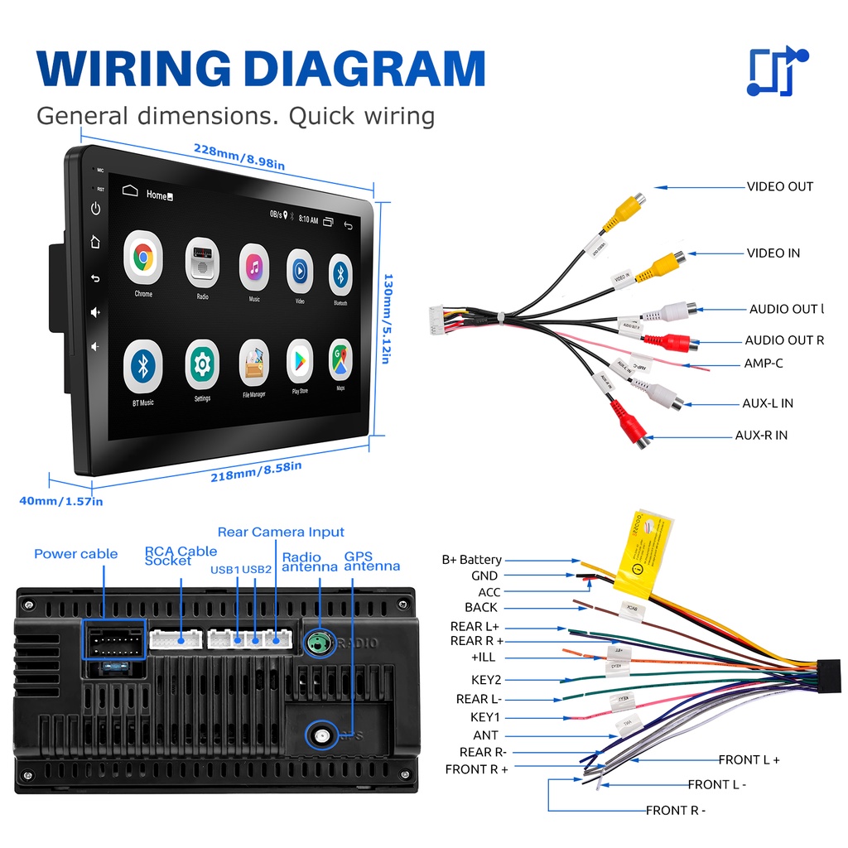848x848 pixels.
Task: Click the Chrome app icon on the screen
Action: coord(143,258)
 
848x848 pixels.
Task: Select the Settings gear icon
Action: coord(202,364)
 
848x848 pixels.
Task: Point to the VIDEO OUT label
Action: coord(780,186)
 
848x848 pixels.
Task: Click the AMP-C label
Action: coord(763,363)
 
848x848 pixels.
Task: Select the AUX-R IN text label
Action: coord(761,435)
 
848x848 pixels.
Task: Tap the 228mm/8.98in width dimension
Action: coord(239,157)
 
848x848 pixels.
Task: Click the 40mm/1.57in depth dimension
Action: coord(61,500)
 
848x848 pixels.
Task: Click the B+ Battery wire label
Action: coord(471,560)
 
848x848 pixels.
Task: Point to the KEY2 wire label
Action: coord(485,680)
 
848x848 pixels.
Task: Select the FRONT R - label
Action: coord(676,810)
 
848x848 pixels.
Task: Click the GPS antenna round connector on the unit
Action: coord(320,734)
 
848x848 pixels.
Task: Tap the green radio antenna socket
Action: coord(320,643)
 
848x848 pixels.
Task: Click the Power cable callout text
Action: coord(75,554)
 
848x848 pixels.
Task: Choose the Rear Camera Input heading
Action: coord(281,532)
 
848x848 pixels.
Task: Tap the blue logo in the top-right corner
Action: coord(777,72)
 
